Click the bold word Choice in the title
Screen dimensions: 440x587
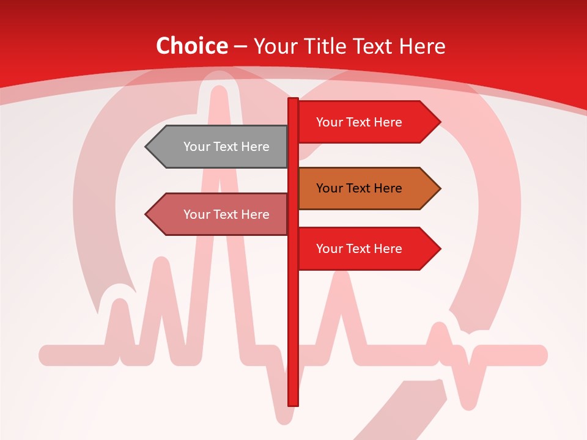pos(191,46)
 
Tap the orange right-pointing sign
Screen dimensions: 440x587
pos(364,189)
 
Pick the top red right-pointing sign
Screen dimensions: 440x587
pos(364,122)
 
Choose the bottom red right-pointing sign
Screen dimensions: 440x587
pos(364,249)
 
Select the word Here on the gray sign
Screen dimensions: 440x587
pos(254,147)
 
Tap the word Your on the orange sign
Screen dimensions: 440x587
pos(329,189)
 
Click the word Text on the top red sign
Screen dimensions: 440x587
pos(358,122)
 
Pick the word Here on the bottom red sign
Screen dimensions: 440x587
pos(387,249)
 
